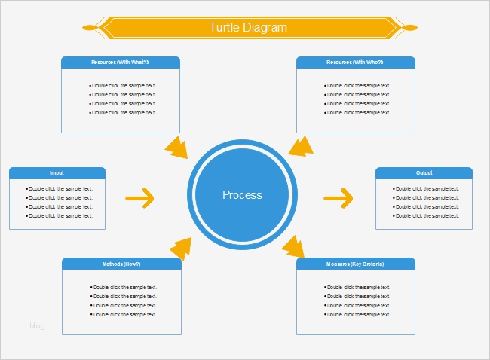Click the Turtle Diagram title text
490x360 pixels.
click(x=248, y=28)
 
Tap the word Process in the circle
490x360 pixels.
click(x=242, y=195)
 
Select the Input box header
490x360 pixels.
click(x=57, y=172)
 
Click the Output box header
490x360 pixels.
click(x=424, y=172)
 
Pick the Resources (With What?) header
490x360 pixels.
click(x=120, y=62)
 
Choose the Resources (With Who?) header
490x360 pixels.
click(x=355, y=62)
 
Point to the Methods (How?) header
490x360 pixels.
click(x=121, y=264)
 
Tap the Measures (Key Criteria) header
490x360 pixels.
click(x=355, y=264)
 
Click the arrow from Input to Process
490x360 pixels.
click(x=139, y=199)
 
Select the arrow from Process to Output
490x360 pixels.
click(x=338, y=199)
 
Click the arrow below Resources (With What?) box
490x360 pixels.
click(x=176, y=147)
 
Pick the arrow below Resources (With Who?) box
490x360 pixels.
click(x=301, y=145)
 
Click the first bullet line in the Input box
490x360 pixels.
click(x=59, y=188)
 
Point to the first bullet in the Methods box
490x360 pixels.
click(x=124, y=287)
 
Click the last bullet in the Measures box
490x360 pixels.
click(x=357, y=314)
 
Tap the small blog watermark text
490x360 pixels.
click(x=38, y=325)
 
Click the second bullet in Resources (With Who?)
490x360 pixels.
click(x=357, y=94)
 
